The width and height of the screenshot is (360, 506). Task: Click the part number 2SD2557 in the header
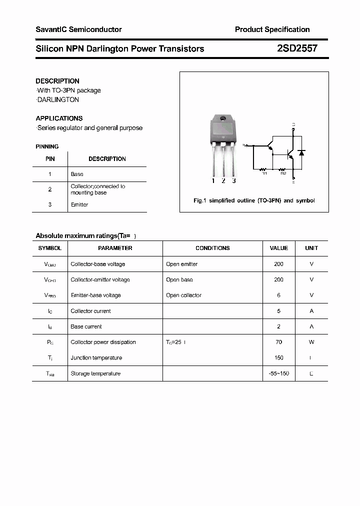(x=296, y=49)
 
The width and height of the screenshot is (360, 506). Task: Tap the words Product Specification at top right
(x=272, y=29)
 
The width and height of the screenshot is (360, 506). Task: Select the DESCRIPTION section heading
(x=57, y=81)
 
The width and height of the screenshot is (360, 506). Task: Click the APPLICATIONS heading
(x=59, y=118)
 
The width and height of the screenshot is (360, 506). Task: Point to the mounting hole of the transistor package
(x=223, y=119)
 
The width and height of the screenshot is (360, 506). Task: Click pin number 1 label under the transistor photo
(x=213, y=181)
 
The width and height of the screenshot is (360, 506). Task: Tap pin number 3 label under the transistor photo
(x=233, y=181)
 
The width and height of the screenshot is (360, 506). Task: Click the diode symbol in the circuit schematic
(x=301, y=152)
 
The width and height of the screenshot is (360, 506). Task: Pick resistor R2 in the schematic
(x=283, y=169)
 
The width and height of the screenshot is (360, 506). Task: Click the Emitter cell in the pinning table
(x=79, y=204)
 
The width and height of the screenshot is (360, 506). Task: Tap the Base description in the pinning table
(x=77, y=174)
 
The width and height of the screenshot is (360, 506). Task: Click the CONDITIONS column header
(x=212, y=248)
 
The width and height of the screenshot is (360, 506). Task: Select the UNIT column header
(x=311, y=248)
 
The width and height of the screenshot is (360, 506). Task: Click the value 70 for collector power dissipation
(x=278, y=342)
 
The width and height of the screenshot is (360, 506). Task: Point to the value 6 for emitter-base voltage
(x=278, y=295)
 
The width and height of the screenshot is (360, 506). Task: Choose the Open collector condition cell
(x=183, y=295)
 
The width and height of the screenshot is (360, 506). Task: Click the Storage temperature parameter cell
(x=95, y=373)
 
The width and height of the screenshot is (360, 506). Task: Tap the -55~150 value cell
(x=278, y=373)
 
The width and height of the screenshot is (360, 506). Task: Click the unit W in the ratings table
(x=311, y=342)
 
